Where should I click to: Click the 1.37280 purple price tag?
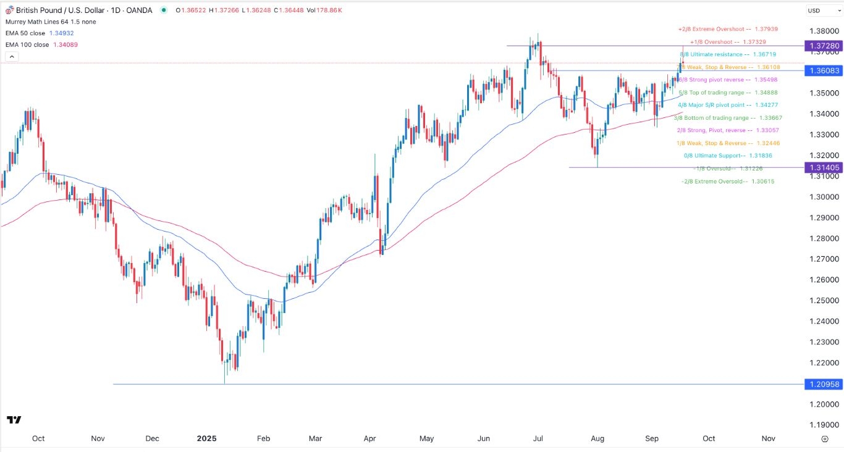[824, 46]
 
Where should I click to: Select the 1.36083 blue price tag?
[824, 71]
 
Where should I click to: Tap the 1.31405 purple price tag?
[824, 167]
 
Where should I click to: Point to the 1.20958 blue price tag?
[824, 384]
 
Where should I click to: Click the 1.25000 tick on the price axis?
[826, 301]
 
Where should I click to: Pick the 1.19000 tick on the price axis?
[826, 425]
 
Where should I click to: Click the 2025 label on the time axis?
[206, 438]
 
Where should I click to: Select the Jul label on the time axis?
[538, 438]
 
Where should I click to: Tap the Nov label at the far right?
[768, 438]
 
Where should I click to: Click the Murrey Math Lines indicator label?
[38, 22]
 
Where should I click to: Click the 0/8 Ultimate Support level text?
[716, 156]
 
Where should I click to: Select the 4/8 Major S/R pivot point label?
[716, 105]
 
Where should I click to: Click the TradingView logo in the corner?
[14, 420]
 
